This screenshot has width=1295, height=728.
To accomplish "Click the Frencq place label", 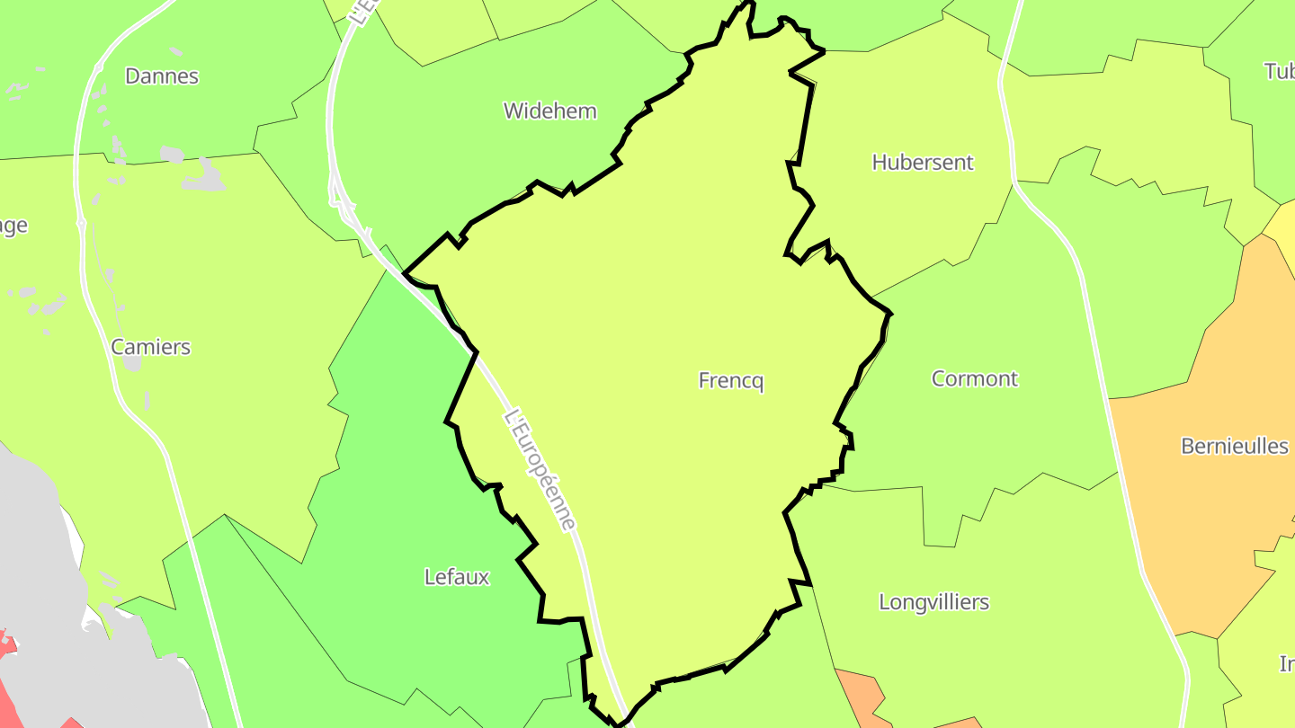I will [730, 381].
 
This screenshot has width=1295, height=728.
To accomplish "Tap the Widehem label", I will [549, 111].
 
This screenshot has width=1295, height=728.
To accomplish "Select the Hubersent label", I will [923, 163].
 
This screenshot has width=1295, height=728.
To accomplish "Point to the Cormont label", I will [975, 379].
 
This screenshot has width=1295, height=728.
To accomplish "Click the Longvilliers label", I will [933, 602].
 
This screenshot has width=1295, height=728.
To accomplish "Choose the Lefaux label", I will [457, 577].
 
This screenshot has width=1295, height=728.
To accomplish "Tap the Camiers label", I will [150, 347].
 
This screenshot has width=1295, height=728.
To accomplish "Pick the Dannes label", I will [162, 76].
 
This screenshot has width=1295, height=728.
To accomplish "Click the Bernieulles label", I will [1234, 446].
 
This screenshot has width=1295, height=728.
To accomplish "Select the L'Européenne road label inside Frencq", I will [540, 469].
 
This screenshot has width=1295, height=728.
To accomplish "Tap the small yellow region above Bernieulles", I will [1282, 229].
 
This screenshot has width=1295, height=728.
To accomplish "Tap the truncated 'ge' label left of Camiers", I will [13, 226].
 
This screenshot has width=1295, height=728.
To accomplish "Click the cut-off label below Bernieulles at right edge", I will [1287, 663].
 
